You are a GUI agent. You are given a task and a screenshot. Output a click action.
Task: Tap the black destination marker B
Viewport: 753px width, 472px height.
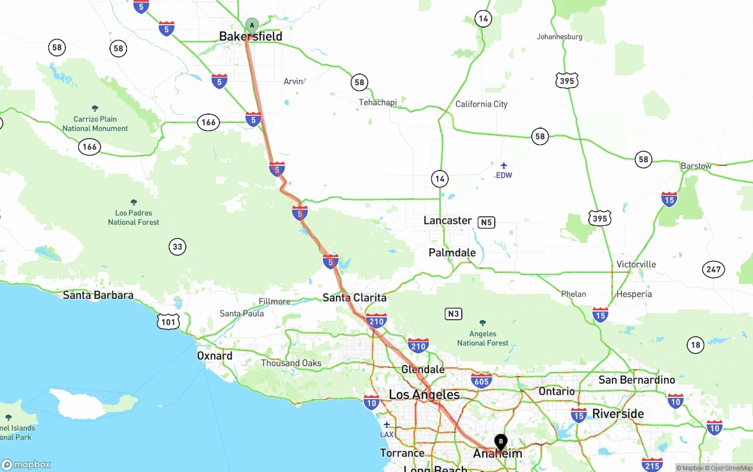click(x=501, y=441)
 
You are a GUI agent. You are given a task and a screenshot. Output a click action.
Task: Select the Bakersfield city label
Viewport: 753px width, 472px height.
click(x=251, y=36)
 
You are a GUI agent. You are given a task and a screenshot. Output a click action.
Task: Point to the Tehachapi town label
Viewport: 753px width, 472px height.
click(x=378, y=102)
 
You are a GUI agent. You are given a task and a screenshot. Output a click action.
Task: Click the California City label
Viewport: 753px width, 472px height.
click(x=481, y=104)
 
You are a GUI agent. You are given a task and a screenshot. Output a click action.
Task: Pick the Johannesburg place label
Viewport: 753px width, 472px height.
click(x=559, y=36)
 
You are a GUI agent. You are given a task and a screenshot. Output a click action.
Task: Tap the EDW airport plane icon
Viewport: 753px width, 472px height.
click(x=504, y=165)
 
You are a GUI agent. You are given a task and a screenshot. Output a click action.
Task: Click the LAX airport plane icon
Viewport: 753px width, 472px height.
click(x=387, y=424)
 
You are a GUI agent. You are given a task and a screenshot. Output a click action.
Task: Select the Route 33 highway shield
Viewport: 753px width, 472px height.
click(x=177, y=247)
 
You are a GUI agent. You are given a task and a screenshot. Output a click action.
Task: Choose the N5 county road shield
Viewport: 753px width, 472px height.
click(x=487, y=222)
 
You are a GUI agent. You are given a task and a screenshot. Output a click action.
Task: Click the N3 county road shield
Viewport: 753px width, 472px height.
click(x=453, y=314)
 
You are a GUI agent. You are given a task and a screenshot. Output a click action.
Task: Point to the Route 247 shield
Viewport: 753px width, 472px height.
click(x=714, y=270)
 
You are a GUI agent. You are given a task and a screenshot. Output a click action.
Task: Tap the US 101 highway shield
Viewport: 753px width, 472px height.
click(x=168, y=322)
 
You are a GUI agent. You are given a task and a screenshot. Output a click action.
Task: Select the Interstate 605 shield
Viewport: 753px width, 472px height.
click(x=481, y=380)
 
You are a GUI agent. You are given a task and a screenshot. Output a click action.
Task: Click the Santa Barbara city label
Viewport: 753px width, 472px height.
click(x=98, y=295)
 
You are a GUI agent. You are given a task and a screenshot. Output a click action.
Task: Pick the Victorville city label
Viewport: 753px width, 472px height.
click(x=636, y=265)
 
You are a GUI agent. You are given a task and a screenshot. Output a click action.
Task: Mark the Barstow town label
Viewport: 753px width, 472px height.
click(x=696, y=166)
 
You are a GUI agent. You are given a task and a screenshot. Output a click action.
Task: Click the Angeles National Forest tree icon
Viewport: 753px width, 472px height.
click(x=483, y=323)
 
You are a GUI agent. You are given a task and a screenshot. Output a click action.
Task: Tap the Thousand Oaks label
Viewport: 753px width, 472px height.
click(x=291, y=363)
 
